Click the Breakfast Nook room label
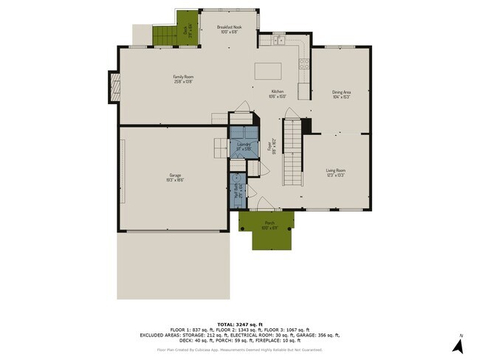coord(229,29)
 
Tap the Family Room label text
coord(183,79)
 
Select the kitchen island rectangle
coord(269,71)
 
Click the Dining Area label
coord(340,94)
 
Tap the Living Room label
coord(336,173)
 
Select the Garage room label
coord(175,177)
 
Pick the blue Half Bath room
coord(238,190)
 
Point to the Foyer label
coord(271,145)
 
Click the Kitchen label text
coord(277,94)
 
